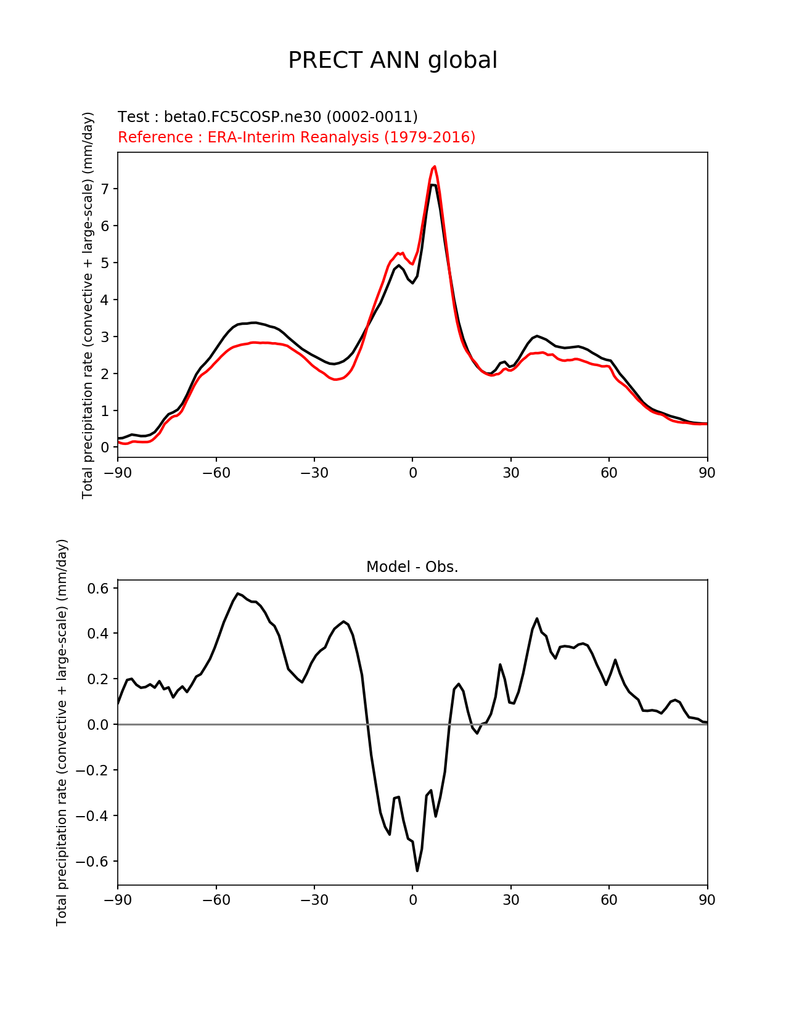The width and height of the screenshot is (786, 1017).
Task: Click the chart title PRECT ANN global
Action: click(392, 60)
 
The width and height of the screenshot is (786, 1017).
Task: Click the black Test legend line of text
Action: click(268, 116)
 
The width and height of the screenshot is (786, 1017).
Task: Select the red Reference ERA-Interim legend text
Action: click(297, 137)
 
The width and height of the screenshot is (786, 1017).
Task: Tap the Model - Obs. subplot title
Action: click(412, 567)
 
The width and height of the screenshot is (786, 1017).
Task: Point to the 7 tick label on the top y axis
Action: click(104, 189)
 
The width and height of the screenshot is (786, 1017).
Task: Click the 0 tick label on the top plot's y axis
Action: click(104, 447)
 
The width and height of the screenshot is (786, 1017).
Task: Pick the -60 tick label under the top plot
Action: click(216, 473)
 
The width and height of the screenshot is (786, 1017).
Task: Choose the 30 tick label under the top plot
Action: click(510, 473)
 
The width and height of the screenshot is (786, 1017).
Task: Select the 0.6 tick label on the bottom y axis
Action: click(98, 588)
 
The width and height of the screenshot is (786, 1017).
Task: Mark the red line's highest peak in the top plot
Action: click(435, 166)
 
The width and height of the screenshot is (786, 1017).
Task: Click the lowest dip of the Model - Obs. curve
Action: click(417, 870)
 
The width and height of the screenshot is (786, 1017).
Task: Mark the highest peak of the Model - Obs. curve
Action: click(238, 594)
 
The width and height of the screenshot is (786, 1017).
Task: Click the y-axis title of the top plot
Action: click(88, 305)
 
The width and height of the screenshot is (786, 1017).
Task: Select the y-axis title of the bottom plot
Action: click(61, 732)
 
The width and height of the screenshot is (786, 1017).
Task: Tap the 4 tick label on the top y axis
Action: click(104, 300)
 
